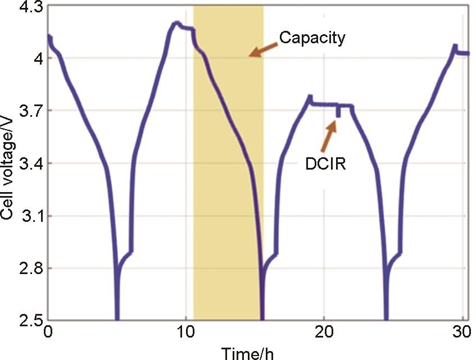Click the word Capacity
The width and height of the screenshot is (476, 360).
[312, 38]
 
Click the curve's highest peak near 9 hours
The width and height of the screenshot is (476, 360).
[176, 23]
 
